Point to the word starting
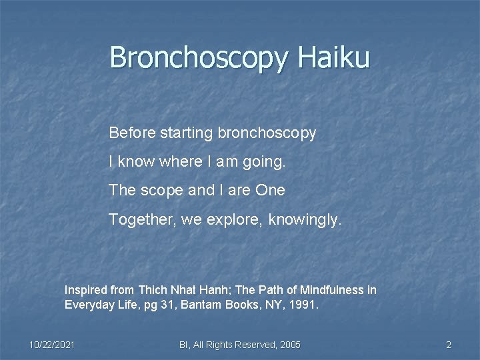click(187, 133)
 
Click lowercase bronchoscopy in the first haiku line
click(267, 133)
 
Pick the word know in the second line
click(137, 161)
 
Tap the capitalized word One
click(271, 190)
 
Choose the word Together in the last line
click(139, 219)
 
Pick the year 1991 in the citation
click(307, 305)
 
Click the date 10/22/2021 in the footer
click(52, 345)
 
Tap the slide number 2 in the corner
click(449, 345)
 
